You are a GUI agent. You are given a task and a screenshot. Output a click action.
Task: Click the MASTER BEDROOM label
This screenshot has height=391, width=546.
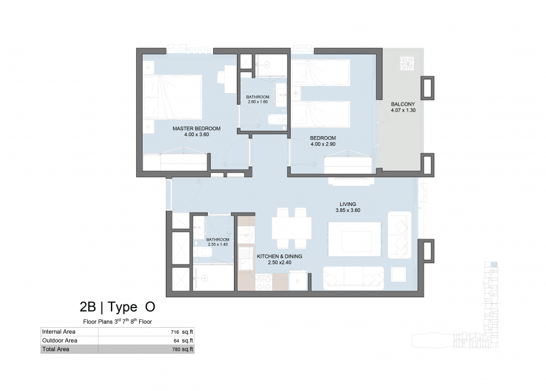[x=196, y=128]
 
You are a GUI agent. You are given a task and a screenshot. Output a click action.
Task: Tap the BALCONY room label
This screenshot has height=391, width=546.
[x=403, y=104]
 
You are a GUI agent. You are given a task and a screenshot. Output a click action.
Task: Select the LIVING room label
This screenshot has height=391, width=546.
[x=348, y=204]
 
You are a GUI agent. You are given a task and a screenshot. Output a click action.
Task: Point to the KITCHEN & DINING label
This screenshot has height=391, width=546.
[x=279, y=257]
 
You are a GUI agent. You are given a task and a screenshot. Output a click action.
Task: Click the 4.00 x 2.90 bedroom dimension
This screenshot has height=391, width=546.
[x=323, y=144]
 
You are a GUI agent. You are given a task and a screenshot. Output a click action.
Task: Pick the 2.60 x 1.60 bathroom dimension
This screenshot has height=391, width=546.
[x=258, y=101]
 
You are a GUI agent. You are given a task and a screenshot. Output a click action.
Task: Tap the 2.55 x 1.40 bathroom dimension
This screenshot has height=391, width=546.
[x=218, y=244]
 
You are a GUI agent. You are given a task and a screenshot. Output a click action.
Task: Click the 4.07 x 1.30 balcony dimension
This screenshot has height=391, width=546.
[x=403, y=110]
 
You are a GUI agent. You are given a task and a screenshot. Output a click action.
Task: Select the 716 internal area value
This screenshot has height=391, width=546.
[x=175, y=332]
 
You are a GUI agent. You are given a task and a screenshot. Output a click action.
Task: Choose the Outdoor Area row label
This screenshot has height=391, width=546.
[x=60, y=340]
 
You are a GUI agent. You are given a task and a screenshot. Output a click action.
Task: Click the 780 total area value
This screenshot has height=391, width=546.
[x=176, y=350]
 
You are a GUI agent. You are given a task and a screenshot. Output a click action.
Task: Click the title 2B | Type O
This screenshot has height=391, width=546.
[x=118, y=307]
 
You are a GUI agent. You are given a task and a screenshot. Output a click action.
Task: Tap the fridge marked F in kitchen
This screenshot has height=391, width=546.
[x=298, y=280]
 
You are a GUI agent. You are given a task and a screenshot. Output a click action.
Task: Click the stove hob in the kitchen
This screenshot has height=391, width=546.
[x=264, y=282]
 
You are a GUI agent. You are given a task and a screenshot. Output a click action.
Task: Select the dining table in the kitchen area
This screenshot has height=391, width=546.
[x=291, y=228]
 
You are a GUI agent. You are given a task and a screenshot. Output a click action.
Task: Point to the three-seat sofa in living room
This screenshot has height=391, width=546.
[x=353, y=278]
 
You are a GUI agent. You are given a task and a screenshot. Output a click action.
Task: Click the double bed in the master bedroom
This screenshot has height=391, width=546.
[x=172, y=97]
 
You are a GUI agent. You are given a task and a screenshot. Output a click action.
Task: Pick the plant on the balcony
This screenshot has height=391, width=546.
[x=406, y=64]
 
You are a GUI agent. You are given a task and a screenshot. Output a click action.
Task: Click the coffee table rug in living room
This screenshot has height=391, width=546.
[x=354, y=239]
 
